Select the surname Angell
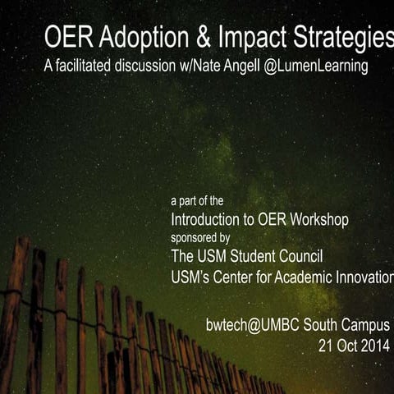268,66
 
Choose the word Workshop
318,219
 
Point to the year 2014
375,345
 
